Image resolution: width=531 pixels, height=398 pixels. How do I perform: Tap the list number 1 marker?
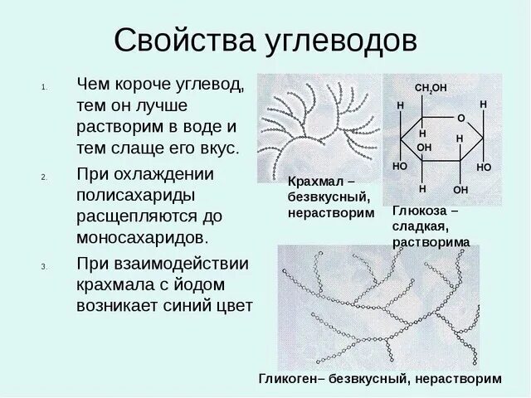(44, 86)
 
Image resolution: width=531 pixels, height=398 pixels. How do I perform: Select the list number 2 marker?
(44, 177)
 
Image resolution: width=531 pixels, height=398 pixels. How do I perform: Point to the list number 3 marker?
(44, 267)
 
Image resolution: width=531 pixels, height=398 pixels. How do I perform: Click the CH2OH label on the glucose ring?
(431, 88)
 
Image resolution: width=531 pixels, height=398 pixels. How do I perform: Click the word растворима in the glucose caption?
(431, 242)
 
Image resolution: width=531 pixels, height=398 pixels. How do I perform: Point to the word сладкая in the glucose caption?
(421, 227)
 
